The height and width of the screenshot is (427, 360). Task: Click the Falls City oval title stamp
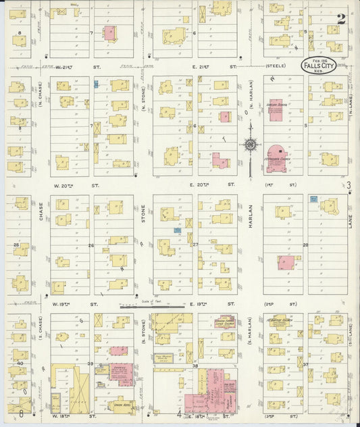(x=318, y=66)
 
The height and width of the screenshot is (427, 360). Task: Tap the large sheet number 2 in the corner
(x=342, y=19)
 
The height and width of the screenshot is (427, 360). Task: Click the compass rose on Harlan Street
(x=250, y=144)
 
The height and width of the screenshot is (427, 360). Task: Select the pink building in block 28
(x=286, y=263)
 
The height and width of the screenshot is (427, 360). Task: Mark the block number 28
(x=305, y=245)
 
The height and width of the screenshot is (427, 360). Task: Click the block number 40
(x=21, y=363)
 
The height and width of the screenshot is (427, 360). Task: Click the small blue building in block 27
(x=176, y=230)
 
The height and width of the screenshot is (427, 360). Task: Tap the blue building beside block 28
(x=313, y=199)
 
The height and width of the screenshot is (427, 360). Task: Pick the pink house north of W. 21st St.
(x=109, y=32)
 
